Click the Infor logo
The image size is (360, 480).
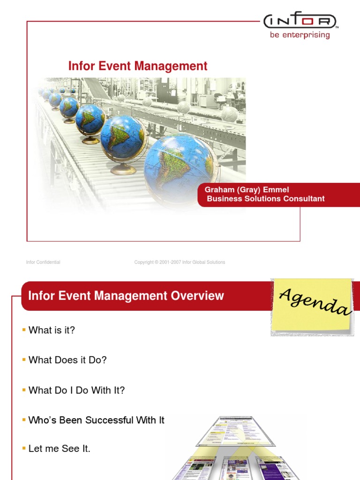(x=300, y=21)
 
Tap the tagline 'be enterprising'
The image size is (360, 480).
(x=300, y=35)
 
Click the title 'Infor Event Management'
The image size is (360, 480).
(x=138, y=66)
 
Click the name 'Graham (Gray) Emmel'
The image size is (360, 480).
(x=247, y=190)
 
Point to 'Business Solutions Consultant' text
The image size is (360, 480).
(x=266, y=199)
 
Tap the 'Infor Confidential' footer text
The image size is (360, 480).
(x=43, y=262)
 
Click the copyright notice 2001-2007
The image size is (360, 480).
(x=180, y=262)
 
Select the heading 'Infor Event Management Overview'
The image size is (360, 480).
(x=126, y=296)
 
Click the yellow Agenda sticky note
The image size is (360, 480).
(x=312, y=307)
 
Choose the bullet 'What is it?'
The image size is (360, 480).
(x=52, y=330)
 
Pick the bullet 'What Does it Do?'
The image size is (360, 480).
(x=67, y=360)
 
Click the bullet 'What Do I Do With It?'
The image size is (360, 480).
(x=76, y=390)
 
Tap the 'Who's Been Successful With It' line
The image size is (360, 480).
(x=96, y=420)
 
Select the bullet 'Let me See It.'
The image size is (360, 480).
(x=59, y=449)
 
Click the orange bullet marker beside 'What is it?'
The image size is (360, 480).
(x=24, y=330)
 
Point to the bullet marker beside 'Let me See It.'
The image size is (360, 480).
(x=24, y=449)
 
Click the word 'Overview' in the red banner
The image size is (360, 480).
(x=197, y=296)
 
